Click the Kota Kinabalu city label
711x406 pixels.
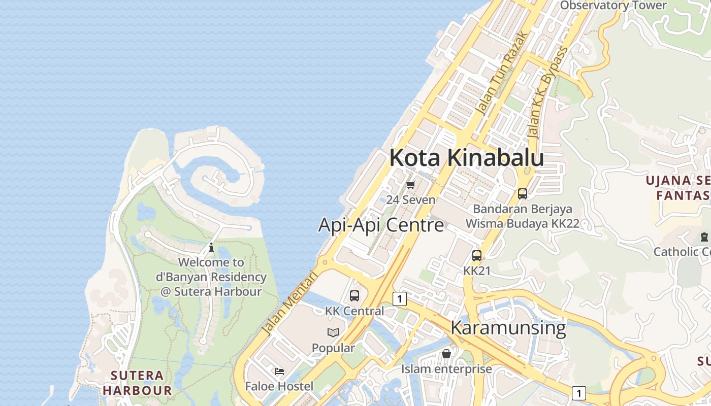point(466,158)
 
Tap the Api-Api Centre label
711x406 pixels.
point(381,225)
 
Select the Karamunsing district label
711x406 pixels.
point(508,328)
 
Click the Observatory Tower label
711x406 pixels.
point(613,6)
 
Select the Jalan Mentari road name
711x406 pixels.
point(289,303)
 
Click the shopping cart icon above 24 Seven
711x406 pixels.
point(411,185)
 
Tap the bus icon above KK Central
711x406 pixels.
point(354,295)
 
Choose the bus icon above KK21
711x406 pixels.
point(477,256)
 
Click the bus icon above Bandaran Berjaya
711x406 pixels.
point(522,193)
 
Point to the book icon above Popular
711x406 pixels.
point(333,332)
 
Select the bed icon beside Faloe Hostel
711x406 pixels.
point(279,371)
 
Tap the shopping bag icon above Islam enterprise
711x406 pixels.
point(446,354)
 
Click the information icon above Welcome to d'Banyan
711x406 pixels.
point(211,248)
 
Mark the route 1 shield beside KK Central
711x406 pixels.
point(400,299)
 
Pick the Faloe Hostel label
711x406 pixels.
point(279,386)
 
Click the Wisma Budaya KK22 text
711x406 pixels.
point(522,223)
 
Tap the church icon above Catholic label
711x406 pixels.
point(704,236)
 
